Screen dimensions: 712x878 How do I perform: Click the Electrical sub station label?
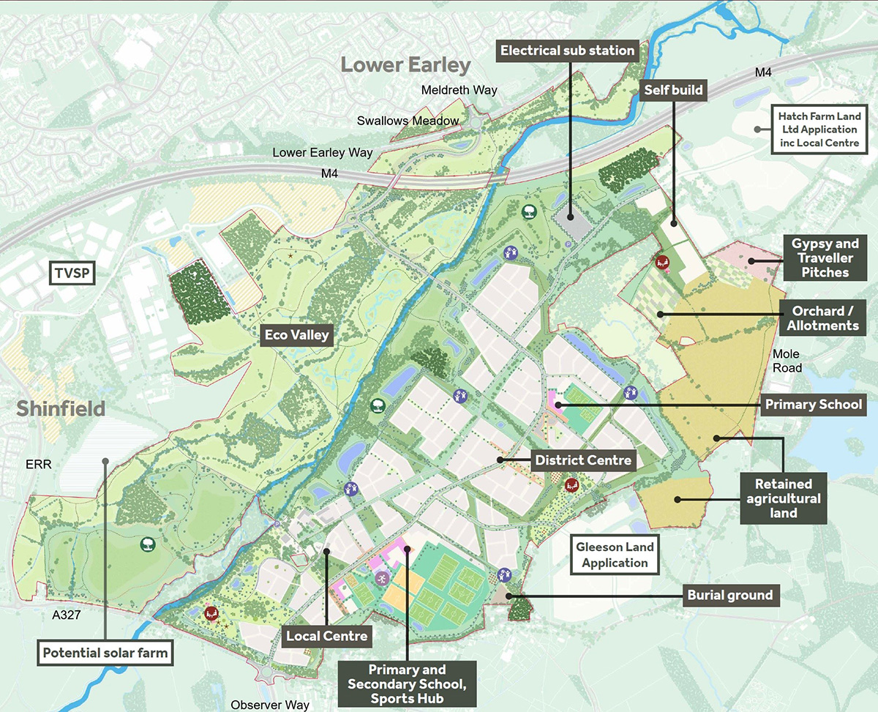click(567, 50)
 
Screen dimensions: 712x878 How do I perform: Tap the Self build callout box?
click(673, 90)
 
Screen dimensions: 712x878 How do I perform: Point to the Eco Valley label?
click(298, 336)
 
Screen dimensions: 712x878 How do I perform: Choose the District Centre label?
click(582, 460)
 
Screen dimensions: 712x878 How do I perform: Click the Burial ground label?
click(729, 595)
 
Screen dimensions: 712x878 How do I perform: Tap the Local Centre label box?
click(326, 635)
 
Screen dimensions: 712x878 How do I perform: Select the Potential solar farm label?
click(105, 653)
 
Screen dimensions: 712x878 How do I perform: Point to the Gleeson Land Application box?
click(615, 555)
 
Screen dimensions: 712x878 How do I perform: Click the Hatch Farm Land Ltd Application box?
click(819, 130)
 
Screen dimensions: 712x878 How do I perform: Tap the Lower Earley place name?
click(405, 65)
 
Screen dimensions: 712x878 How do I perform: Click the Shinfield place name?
click(61, 408)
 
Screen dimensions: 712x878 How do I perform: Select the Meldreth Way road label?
click(459, 90)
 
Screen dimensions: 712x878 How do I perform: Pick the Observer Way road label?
click(270, 705)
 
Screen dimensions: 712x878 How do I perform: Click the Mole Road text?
click(787, 361)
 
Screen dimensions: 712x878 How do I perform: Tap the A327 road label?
click(66, 615)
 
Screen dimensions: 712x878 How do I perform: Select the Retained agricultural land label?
click(784, 498)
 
